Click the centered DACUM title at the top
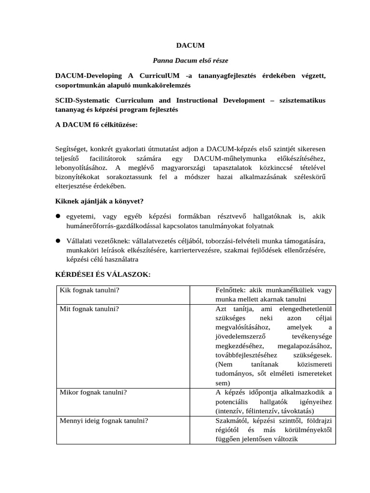190,45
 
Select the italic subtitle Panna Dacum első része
190,61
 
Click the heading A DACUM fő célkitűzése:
96,125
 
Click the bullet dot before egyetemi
57,217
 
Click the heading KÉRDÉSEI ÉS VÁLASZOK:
103,274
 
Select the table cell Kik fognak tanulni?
90,290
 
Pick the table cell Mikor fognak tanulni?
93,392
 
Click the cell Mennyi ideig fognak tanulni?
104,420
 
